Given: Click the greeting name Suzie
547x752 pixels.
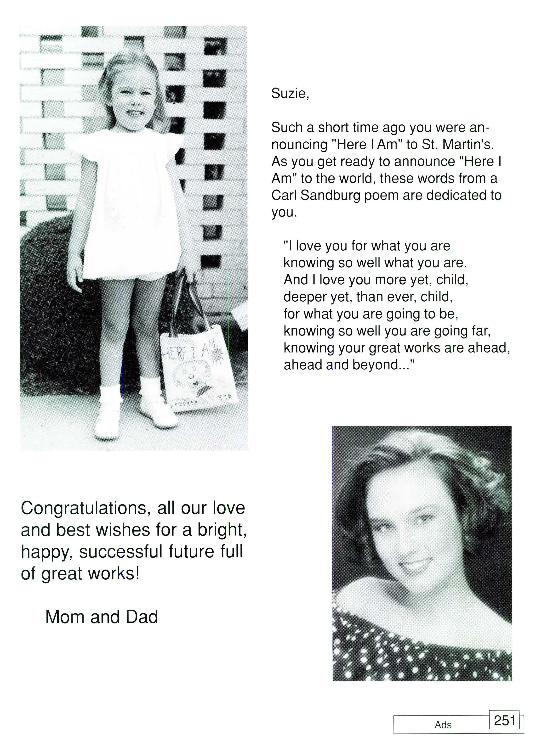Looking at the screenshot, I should tap(290, 94).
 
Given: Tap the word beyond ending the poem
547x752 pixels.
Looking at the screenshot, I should tap(380, 365).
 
